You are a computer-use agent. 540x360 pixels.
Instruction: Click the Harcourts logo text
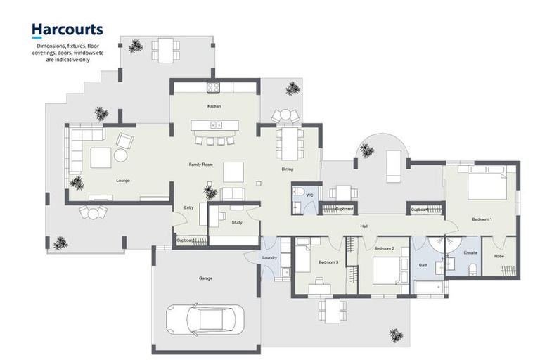pos(67,30)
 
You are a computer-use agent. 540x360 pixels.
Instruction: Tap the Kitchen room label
pos(214,106)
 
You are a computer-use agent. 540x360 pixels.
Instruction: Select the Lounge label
pos(123,181)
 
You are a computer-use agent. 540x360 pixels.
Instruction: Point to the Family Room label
pos(201,165)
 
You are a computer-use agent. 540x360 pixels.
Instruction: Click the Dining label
pos(288,169)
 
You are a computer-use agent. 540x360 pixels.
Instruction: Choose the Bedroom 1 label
pos(482,220)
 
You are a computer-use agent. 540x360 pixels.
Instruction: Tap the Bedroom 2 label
pos(383,249)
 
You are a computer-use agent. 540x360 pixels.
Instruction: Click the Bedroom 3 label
pos(328,262)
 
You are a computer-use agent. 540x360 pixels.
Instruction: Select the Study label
pos(237,222)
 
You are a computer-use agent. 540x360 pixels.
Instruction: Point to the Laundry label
pos(270,257)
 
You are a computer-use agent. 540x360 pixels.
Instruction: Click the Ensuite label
pos(471,252)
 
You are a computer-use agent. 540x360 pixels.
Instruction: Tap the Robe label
pos(499,256)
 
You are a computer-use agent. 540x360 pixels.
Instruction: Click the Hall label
pos(364,226)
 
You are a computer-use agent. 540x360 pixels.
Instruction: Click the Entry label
pos(188,207)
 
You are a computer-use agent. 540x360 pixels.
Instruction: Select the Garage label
pos(205,278)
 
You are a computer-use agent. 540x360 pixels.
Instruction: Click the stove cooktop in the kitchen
pos(213,87)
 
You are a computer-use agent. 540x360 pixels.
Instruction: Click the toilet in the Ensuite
pos(472,267)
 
